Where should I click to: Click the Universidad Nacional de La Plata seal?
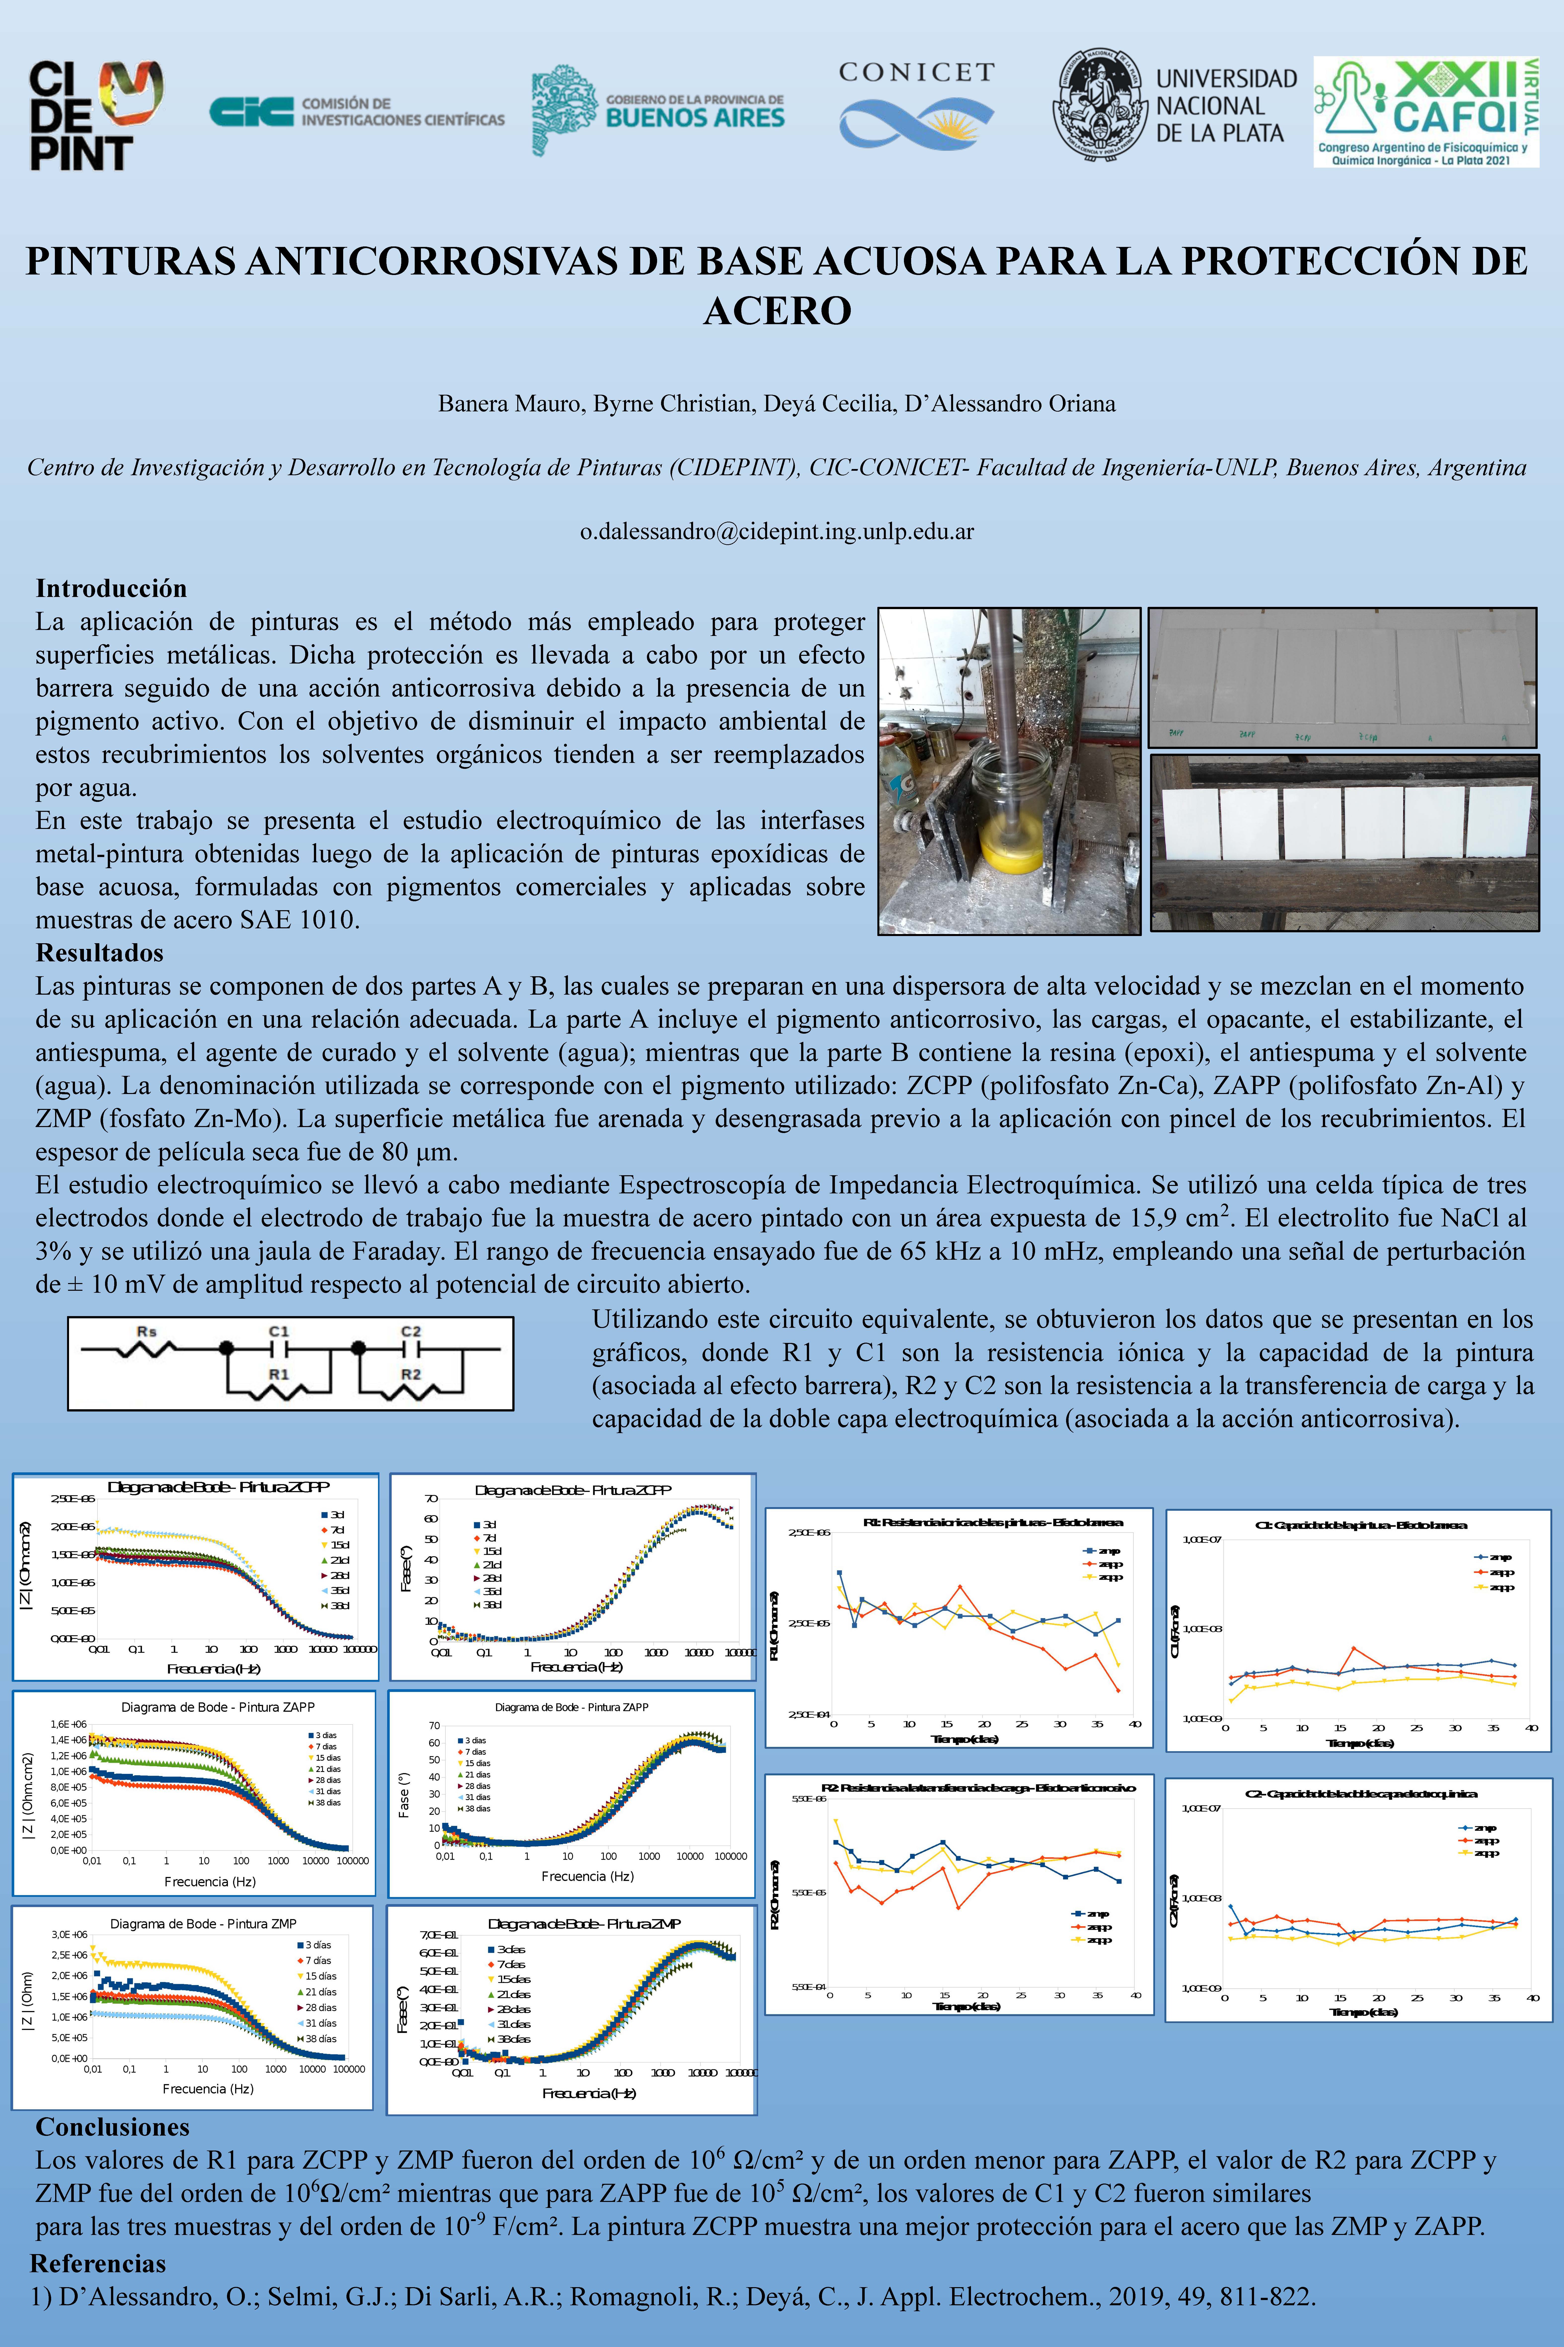pyautogui.click(x=1100, y=105)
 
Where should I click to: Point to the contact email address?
pyautogui.click(x=777, y=531)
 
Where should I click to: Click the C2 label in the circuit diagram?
pyautogui.click(x=411, y=1331)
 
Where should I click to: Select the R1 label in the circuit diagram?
pyautogui.click(x=278, y=1374)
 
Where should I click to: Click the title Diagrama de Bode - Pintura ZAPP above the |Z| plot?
pyautogui.click(x=218, y=1707)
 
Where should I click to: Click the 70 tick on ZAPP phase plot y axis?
pyautogui.click(x=434, y=1725)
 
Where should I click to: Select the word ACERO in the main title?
pyautogui.click(x=777, y=310)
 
